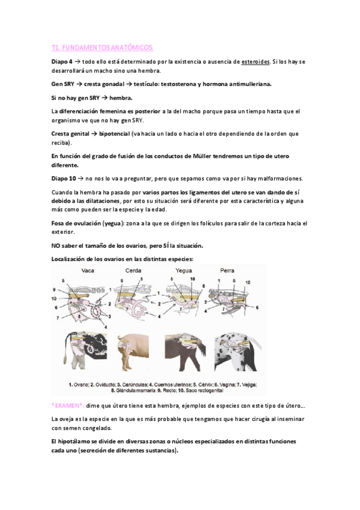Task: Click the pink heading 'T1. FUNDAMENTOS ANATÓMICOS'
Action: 102,48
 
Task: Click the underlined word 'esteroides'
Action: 255,62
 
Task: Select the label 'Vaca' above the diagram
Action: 88,271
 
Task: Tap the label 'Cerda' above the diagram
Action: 133,271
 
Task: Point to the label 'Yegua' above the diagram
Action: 184,271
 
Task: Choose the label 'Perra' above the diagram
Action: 227,271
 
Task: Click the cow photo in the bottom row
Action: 85,351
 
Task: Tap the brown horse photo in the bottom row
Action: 185,352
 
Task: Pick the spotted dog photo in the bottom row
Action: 238,352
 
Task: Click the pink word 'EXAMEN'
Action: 67,406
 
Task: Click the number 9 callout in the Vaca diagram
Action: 54,289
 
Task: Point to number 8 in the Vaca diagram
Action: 79,316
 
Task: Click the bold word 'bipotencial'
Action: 114,134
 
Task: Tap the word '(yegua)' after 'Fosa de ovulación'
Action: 114,224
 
